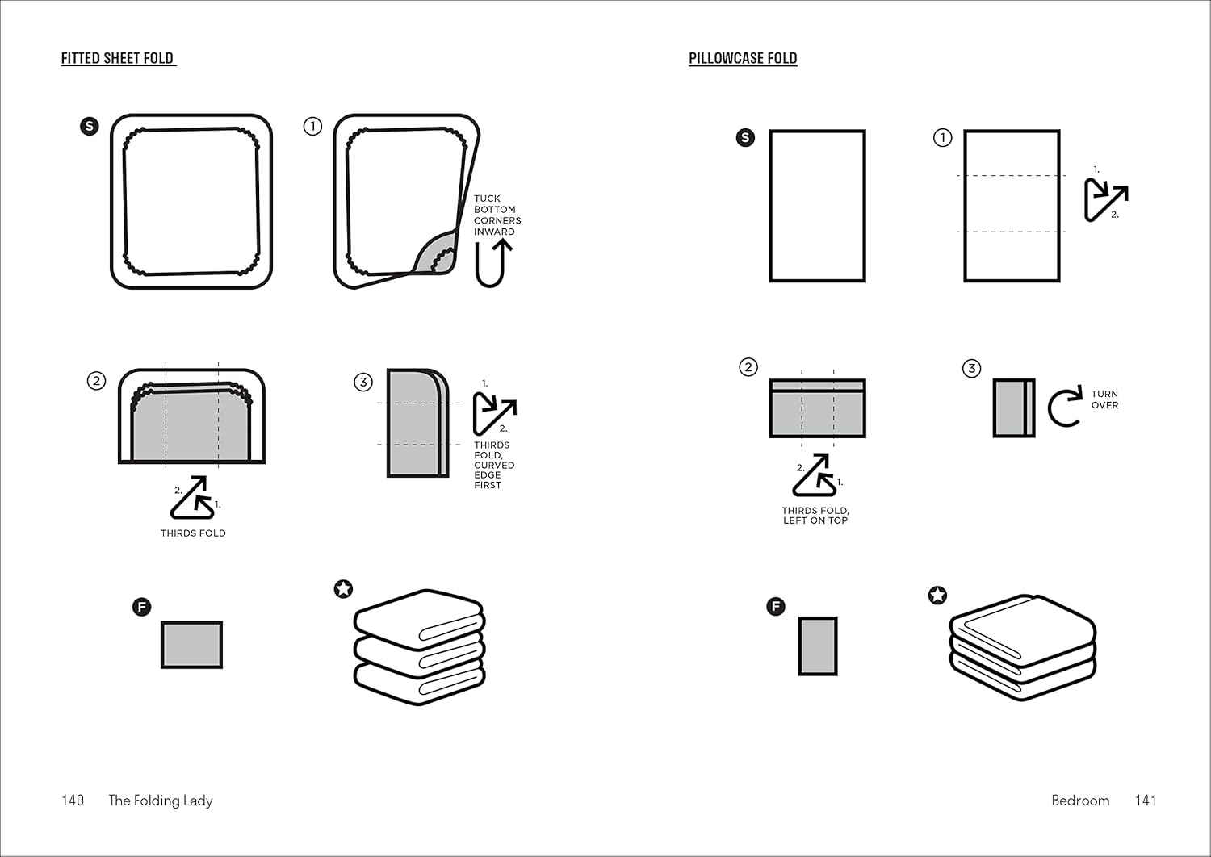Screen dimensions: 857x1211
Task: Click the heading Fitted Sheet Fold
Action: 118,58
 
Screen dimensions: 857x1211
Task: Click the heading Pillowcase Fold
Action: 743,58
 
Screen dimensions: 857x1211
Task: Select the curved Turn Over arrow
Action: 1065,407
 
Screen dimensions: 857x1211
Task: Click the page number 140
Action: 73,801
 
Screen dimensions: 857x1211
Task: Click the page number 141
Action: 1146,801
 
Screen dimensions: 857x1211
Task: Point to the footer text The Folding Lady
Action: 161,801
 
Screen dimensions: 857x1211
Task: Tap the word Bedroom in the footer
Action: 1080,801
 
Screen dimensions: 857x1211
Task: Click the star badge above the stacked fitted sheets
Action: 343,589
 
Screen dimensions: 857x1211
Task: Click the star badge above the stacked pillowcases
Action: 937,596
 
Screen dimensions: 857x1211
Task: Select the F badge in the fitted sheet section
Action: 141,607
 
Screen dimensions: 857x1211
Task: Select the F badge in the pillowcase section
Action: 776,606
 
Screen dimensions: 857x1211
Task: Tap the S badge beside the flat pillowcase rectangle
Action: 745,137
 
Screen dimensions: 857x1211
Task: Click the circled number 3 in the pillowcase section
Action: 971,368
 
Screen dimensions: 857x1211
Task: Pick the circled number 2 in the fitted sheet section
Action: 96,380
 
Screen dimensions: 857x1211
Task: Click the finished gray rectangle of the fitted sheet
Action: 191,645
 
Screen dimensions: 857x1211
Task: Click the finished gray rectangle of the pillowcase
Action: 818,646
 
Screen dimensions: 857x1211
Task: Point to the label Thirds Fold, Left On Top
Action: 815,516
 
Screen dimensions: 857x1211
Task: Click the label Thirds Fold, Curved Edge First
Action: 493,465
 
